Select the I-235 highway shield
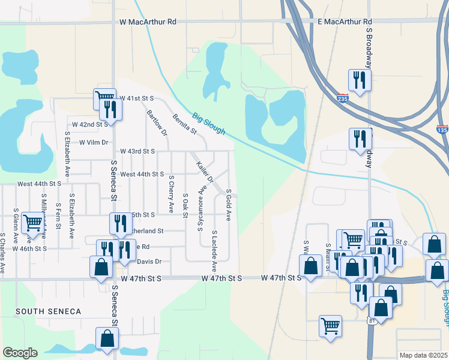[342, 99]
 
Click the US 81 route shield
[372, 321]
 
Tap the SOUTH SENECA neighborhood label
[48, 311]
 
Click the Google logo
[20, 353]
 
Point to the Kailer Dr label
[205, 171]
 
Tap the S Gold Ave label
[229, 204]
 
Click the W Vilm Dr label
[94, 142]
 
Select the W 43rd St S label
[137, 151]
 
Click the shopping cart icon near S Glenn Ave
[32, 223]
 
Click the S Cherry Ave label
[171, 194]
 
